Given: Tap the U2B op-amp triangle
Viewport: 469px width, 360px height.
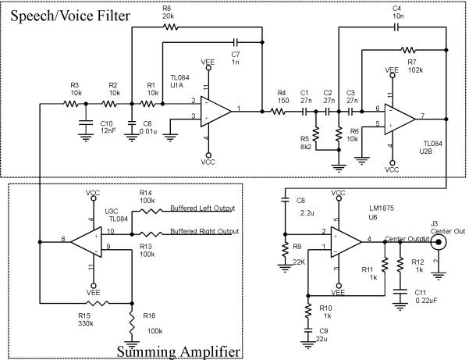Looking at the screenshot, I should coord(401,117).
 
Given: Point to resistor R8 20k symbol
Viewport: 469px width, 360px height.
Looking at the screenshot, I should coord(172,26).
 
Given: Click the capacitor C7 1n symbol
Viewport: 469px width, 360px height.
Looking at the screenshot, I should coord(235,43).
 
